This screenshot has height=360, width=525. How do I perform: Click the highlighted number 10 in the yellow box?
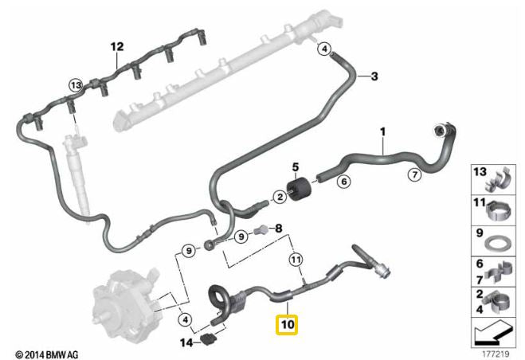pyautogui.click(x=287, y=325)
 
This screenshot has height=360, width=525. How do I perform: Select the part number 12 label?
pyautogui.click(x=117, y=46)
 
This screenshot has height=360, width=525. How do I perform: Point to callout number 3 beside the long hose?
pyautogui.click(x=374, y=76)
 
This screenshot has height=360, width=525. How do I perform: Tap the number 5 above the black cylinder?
pyautogui.click(x=296, y=167)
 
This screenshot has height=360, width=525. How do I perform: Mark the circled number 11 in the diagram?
pyautogui.click(x=296, y=259)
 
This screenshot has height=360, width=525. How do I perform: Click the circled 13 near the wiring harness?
pyautogui.click(x=76, y=84)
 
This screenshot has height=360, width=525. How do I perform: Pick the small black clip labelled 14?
pyautogui.click(x=210, y=340)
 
